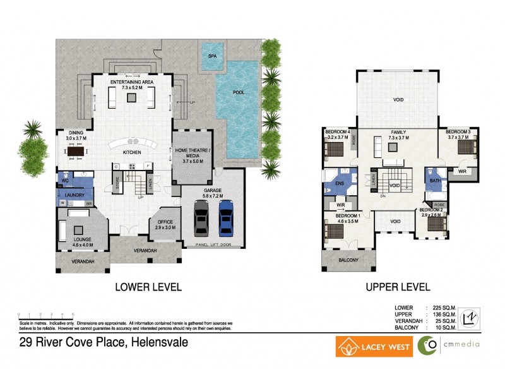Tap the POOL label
point(238,92)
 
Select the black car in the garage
point(201,218)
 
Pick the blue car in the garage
point(225,218)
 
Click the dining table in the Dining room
point(76,152)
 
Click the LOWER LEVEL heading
point(148,287)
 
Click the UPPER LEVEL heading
point(398,287)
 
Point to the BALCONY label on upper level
point(347,260)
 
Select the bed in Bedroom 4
point(335,150)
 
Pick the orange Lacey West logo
point(374,347)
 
